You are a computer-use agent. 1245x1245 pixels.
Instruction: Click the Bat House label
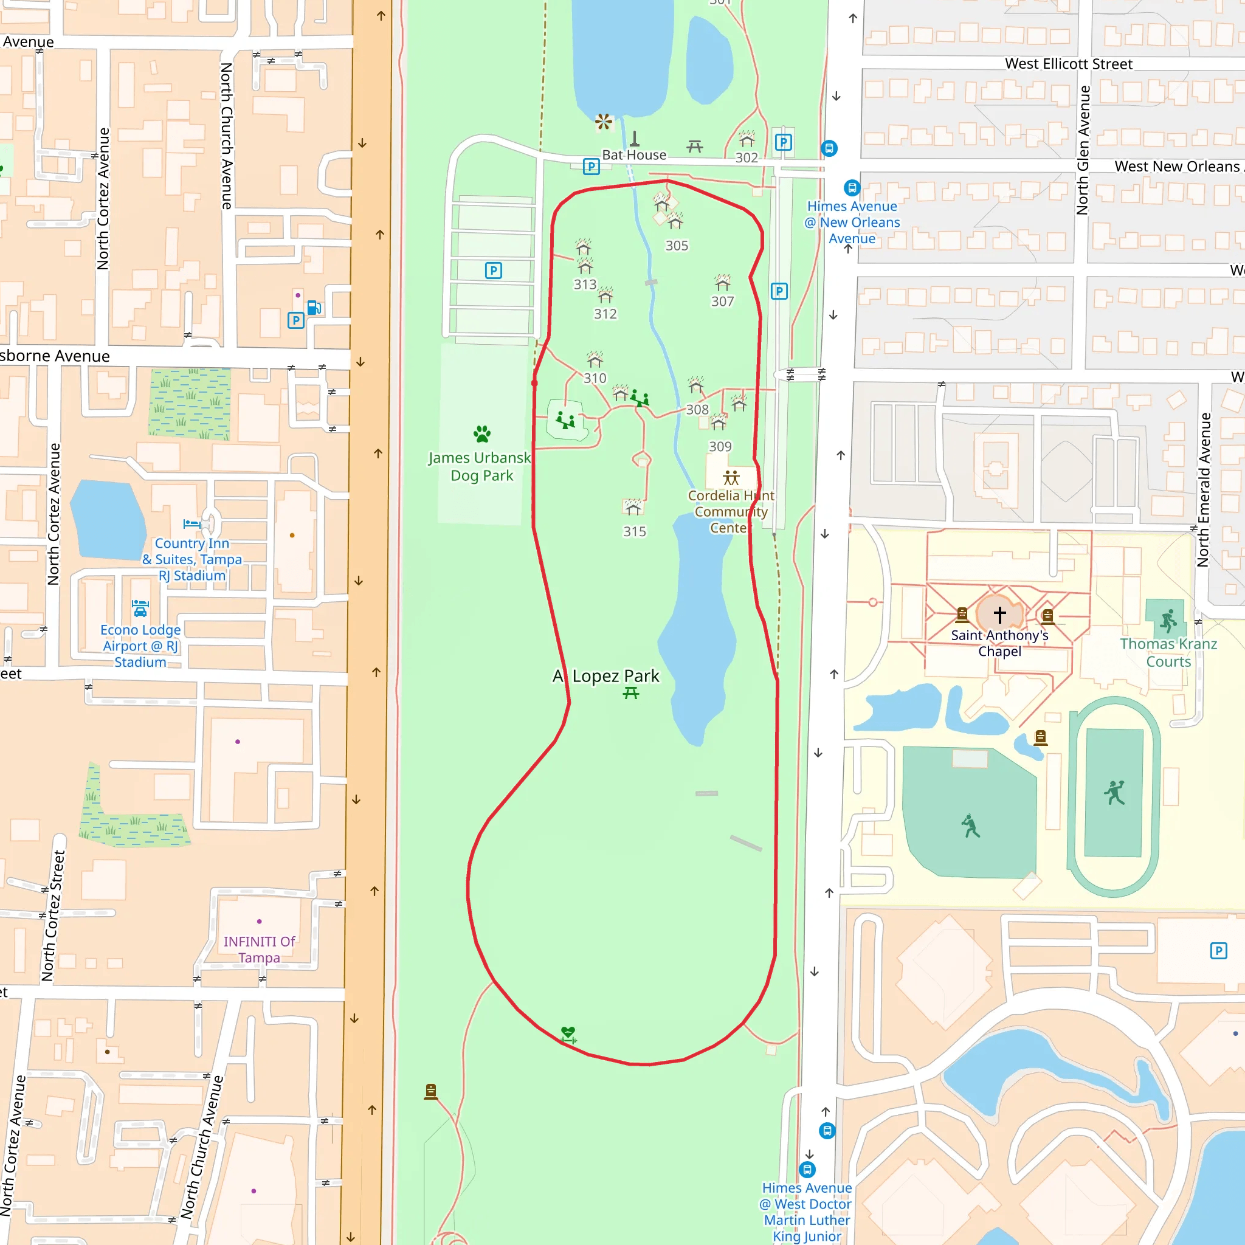click(634, 155)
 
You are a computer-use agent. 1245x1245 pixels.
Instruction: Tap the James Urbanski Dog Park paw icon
click(482, 433)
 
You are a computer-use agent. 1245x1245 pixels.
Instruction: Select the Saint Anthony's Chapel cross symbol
click(999, 614)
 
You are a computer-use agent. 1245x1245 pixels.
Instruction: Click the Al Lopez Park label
click(605, 676)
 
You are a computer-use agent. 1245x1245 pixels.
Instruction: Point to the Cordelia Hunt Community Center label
click(731, 512)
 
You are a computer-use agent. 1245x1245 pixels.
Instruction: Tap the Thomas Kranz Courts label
click(1168, 652)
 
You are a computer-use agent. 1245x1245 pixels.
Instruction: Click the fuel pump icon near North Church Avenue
click(314, 308)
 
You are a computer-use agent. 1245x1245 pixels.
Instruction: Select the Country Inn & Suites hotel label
click(192, 559)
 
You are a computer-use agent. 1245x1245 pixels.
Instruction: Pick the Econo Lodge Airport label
click(140, 646)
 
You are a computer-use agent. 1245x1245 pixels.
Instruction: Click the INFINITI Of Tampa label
click(259, 949)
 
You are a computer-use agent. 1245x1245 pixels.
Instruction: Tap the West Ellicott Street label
click(1069, 64)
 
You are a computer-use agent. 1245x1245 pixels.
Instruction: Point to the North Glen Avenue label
click(1083, 150)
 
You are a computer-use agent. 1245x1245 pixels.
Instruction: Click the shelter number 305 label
click(677, 246)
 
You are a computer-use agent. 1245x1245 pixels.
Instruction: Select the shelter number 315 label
click(634, 532)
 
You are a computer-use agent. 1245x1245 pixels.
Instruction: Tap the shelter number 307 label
click(722, 301)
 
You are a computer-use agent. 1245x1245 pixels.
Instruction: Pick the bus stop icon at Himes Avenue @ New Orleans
click(852, 187)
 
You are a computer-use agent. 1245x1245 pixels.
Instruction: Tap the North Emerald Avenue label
click(1203, 490)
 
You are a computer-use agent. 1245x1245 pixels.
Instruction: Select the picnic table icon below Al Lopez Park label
click(631, 694)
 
